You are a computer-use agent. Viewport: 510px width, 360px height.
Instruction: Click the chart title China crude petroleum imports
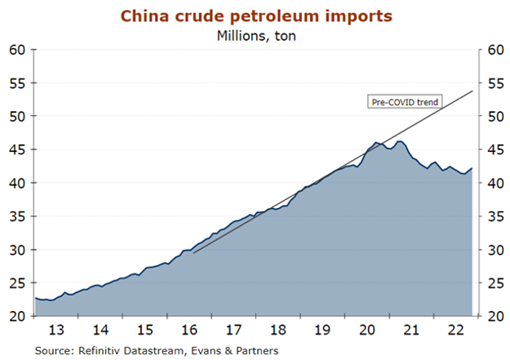[255, 16]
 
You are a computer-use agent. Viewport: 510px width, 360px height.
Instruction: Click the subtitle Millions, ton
[255, 34]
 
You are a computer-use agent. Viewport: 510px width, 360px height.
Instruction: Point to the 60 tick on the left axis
[19, 50]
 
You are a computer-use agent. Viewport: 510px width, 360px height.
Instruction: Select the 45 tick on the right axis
[492, 150]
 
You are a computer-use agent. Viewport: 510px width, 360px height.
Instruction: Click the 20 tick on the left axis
[19, 317]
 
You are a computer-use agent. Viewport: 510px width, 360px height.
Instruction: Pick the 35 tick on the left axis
[19, 217]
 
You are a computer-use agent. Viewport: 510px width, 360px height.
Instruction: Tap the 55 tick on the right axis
[492, 83]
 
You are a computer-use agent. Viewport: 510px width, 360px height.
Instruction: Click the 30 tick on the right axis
[492, 250]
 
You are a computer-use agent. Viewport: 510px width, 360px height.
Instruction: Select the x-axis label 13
[56, 331]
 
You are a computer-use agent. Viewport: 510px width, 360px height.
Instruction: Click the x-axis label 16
[188, 331]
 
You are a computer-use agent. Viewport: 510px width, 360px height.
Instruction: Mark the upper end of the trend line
[473, 90]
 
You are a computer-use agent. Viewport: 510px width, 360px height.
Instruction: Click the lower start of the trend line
[193, 253]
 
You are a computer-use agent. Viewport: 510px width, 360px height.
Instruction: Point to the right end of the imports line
[472, 168]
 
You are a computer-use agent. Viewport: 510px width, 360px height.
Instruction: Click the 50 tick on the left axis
[19, 117]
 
